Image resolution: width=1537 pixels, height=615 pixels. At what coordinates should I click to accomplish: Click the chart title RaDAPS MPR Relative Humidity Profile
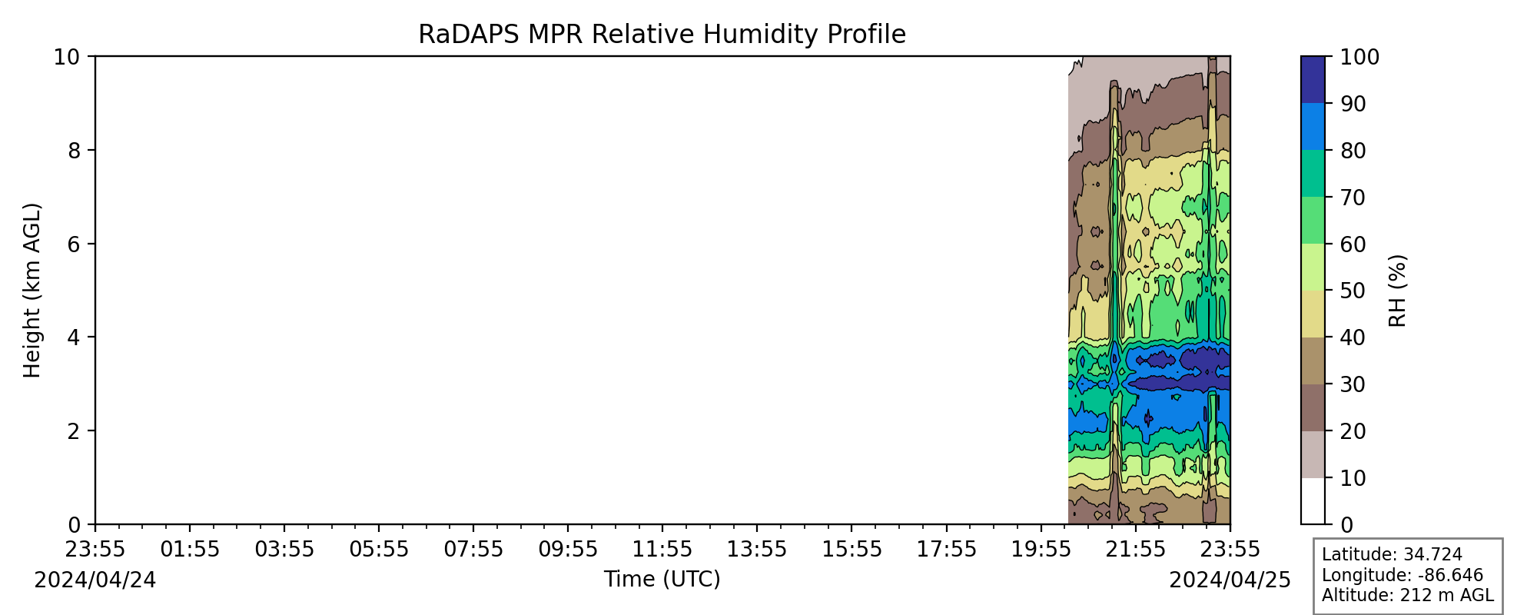[662, 35]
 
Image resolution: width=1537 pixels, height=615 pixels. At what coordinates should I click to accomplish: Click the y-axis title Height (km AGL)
[32, 291]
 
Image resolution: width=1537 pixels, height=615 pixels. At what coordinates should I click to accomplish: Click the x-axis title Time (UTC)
[662, 579]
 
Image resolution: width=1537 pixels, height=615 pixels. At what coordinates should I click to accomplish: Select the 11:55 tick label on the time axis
[662, 550]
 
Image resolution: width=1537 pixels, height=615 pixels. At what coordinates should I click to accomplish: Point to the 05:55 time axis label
[379, 550]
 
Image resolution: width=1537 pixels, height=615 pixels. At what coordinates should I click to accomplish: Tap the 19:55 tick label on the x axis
[1041, 550]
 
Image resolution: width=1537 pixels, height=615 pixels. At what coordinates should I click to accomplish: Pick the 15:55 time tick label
[851, 550]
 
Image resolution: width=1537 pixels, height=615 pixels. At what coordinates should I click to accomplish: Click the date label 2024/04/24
[95, 580]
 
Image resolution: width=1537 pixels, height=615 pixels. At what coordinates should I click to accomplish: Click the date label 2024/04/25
[1230, 580]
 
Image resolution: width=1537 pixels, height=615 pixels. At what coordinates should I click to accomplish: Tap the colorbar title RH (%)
[1398, 291]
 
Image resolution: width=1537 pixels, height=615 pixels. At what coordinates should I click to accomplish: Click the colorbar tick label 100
[1359, 57]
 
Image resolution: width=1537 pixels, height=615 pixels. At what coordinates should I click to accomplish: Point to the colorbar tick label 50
[1353, 291]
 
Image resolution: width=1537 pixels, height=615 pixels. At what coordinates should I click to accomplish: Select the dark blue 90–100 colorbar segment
[1313, 80]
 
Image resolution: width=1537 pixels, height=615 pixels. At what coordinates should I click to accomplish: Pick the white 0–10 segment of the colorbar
[1313, 500]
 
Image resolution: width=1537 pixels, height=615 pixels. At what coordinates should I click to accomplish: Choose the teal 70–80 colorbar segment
[1313, 173]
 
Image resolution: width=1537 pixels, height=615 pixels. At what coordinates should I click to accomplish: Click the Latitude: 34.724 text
[1392, 555]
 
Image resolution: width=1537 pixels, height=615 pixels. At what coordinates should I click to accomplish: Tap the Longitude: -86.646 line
[1403, 575]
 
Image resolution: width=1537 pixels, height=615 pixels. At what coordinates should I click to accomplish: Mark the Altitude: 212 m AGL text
[1408, 595]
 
